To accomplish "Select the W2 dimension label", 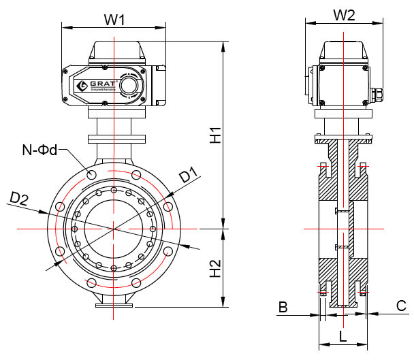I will pos(345,15).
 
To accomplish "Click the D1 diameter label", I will pos(189,176).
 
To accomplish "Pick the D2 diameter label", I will pos(19,199).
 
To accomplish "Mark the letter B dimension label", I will pos(283,308).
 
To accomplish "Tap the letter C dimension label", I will pos(402,307).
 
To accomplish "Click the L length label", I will pos(343,335).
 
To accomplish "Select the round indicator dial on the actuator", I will pos(129,85).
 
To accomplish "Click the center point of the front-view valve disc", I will pos(114,229).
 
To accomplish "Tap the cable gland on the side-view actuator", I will pos(376,92).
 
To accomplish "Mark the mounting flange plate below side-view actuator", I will pos(344,140).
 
